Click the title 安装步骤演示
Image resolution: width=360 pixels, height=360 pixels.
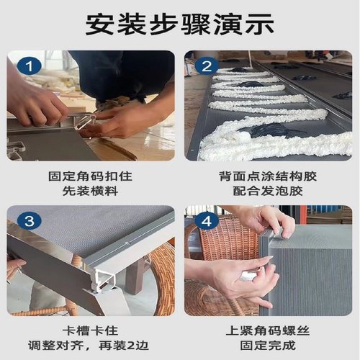point(179,24)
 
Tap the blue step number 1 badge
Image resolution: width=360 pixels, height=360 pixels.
point(28,67)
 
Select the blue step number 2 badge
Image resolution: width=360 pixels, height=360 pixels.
point(205,67)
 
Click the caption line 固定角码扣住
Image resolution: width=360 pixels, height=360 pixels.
point(90,175)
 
